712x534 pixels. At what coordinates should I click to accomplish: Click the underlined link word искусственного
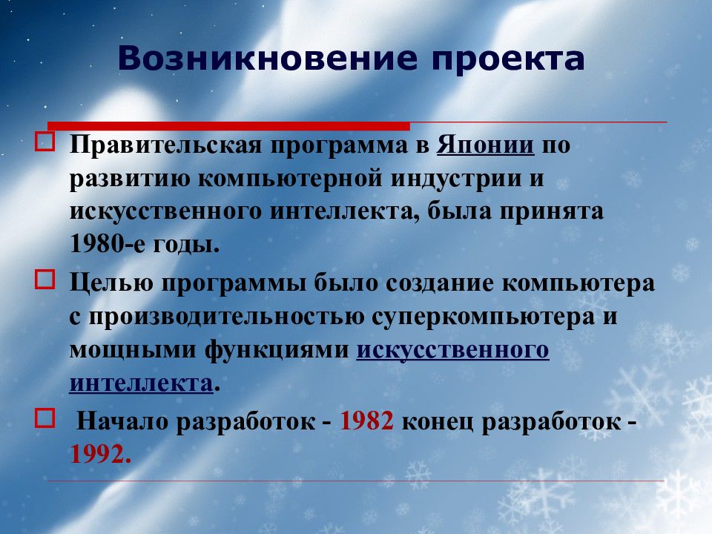coord(452,349)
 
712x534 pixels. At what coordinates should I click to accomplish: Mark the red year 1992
coord(100,453)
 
